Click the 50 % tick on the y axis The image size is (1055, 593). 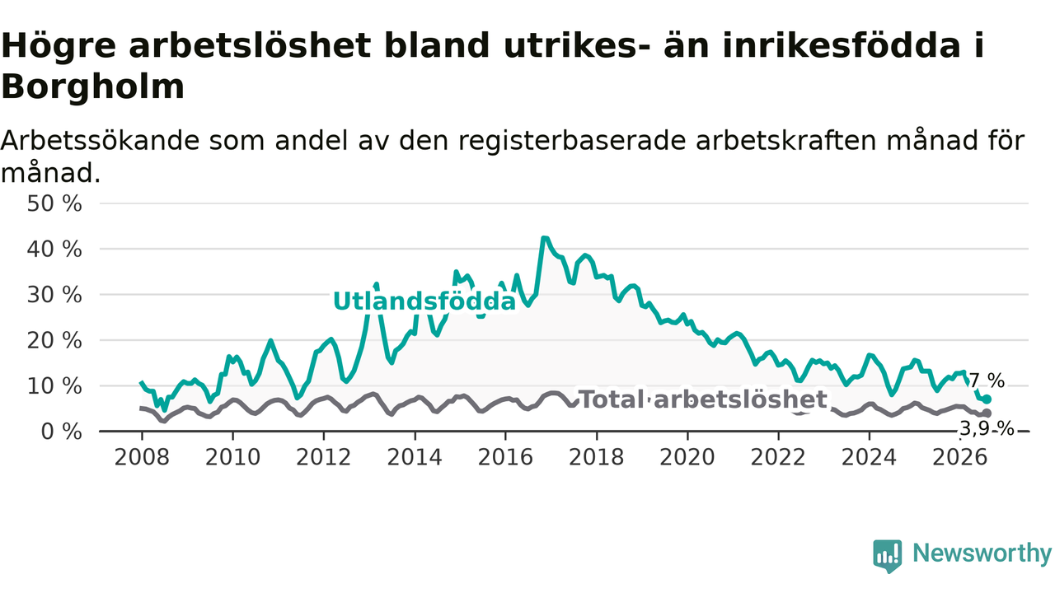pos(54,203)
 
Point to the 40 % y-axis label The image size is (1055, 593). pos(54,249)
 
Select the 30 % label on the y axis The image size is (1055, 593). pos(54,295)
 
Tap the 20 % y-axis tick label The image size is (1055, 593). pos(54,340)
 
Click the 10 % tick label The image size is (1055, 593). pos(54,386)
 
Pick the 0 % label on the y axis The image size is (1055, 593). pos(62,432)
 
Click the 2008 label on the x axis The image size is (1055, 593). pos(142,457)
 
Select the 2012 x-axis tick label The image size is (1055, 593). pos(324,457)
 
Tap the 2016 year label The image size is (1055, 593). pos(505,457)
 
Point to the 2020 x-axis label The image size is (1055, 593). pos(687,457)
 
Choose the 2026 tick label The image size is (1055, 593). pos(960,457)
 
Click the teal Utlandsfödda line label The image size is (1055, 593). pos(424,301)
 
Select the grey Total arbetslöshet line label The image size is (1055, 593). pos(702,399)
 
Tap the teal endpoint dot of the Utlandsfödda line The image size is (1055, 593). pos(987,399)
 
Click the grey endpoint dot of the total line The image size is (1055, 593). pos(987,413)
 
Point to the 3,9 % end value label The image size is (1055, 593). pos(987,429)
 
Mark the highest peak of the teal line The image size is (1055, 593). pos(545,238)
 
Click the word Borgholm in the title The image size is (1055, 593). pos(93,86)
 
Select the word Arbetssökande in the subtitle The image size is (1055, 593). pos(100,140)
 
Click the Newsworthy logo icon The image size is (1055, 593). pos(888,556)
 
